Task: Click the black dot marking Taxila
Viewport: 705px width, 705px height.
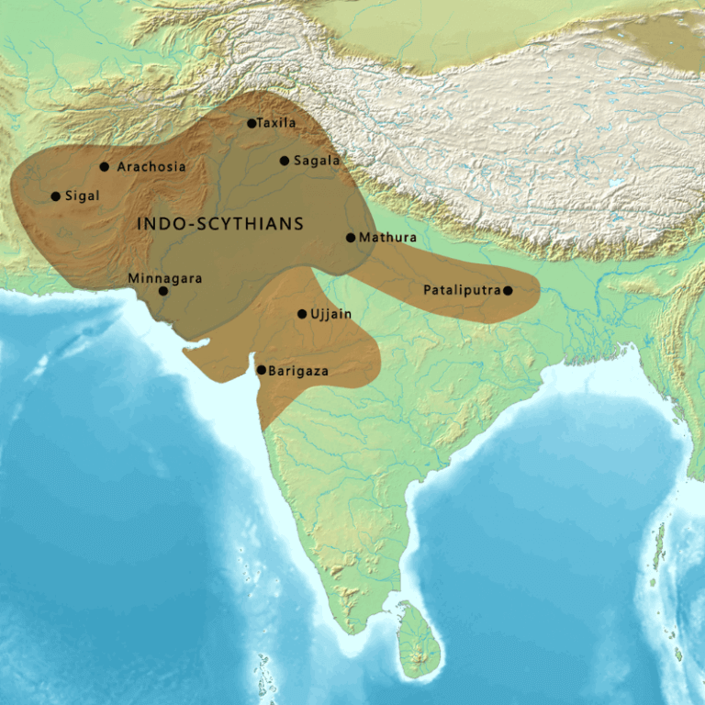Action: (x=252, y=123)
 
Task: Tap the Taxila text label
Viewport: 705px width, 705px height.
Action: (x=277, y=123)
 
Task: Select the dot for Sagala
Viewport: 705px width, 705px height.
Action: (x=285, y=161)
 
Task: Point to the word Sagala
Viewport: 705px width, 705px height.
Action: (x=317, y=161)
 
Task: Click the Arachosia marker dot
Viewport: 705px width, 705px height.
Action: (x=105, y=167)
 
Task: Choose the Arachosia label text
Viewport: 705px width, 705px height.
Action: (x=151, y=167)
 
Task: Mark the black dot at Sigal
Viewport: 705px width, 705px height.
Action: (x=56, y=196)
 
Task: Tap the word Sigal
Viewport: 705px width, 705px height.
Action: (x=82, y=196)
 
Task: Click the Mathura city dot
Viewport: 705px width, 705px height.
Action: (x=351, y=238)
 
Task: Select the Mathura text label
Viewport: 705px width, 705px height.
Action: (x=387, y=238)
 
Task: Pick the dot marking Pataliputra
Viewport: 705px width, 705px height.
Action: (x=508, y=290)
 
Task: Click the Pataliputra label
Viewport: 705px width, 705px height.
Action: (x=462, y=290)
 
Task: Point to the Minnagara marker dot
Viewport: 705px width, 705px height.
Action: (x=163, y=291)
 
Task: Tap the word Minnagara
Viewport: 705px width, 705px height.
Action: (x=165, y=277)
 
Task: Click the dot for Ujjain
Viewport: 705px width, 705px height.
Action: (x=302, y=314)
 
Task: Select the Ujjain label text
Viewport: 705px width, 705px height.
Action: (x=331, y=314)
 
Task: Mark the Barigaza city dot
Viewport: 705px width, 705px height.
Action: (x=262, y=370)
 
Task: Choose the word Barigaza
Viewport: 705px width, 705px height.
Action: (x=298, y=371)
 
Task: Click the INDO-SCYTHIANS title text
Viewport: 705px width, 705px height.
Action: (x=220, y=223)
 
